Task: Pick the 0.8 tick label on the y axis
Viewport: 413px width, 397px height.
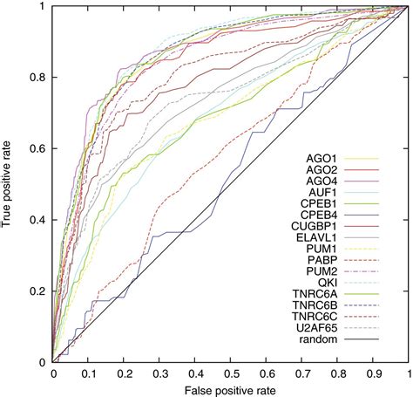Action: pos(39,78)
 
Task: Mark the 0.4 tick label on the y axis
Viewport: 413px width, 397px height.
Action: pos(39,219)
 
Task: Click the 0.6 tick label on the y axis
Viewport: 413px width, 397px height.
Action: pos(39,148)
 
